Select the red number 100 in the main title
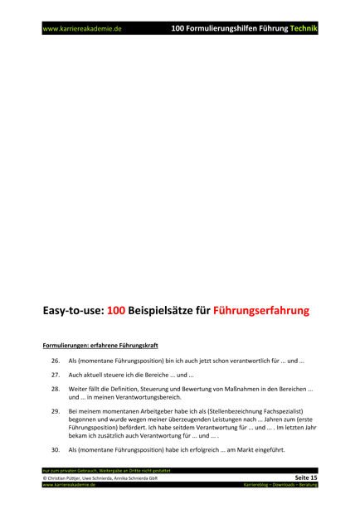[113, 312]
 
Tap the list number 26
[56, 361]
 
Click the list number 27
[56, 375]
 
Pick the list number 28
[56, 389]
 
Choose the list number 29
[56, 411]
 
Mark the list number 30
[56, 449]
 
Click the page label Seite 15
[304, 477]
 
